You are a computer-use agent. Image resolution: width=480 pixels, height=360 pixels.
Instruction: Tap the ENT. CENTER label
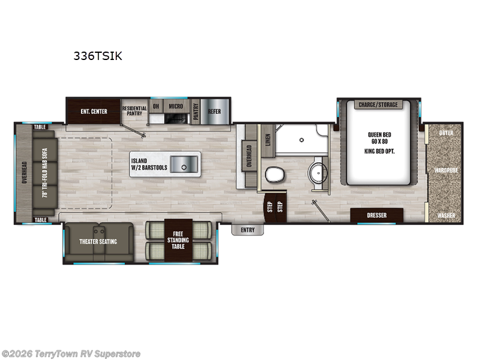click(93, 111)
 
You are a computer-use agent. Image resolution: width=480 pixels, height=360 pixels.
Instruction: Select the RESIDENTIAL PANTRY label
click(134, 111)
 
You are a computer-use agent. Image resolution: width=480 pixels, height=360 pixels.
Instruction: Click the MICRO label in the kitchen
click(175, 106)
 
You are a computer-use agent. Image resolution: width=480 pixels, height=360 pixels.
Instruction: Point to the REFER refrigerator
click(214, 111)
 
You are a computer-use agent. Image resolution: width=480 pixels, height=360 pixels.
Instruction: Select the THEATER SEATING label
click(98, 242)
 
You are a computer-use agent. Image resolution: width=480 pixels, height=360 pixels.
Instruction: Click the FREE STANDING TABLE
click(179, 240)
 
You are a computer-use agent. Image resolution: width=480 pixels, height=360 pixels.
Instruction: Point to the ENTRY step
click(247, 230)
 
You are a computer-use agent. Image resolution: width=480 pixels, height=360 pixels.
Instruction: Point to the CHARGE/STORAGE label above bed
click(378, 105)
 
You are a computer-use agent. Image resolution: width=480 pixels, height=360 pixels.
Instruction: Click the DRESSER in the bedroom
click(377, 215)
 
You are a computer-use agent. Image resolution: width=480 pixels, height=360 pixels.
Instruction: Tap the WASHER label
click(446, 215)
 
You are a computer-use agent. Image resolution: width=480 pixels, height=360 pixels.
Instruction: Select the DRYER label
click(446, 133)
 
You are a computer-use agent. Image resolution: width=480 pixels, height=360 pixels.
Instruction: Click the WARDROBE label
click(446, 170)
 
